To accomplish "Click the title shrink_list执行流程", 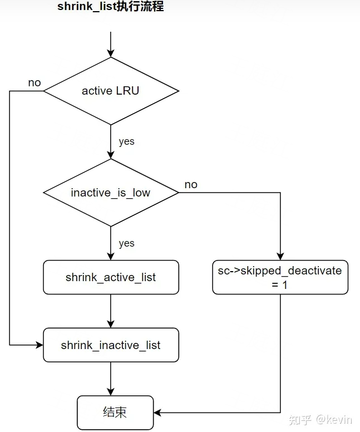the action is click(x=111, y=6).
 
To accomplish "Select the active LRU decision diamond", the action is click(x=111, y=91).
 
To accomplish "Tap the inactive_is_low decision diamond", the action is click(x=111, y=193).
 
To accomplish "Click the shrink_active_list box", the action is click(x=111, y=277).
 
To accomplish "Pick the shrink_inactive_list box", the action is click(x=111, y=345).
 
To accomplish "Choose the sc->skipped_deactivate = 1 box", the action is click(x=280, y=277).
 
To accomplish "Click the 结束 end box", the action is click(x=115, y=413).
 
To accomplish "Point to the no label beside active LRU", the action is click(x=34, y=82).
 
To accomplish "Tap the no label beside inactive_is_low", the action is click(x=191, y=185).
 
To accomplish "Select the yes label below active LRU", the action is click(x=127, y=141).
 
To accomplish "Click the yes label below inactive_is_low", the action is click(x=127, y=243).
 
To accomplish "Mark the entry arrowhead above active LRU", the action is click(x=111, y=53).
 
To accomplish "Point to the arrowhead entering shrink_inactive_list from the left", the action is click(x=40, y=345).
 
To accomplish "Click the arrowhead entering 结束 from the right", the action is click(x=157, y=413).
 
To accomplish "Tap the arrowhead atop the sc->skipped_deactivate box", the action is click(x=280, y=257).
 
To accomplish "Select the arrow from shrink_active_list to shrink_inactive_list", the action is click(x=111, y=311).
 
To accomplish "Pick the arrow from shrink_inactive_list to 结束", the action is click(x=111, y=379).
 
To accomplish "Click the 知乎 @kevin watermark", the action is click(x=320, y=420).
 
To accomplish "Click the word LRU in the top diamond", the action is click(x=127, y=91).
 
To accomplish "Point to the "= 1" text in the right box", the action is click(x=279, y=285).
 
